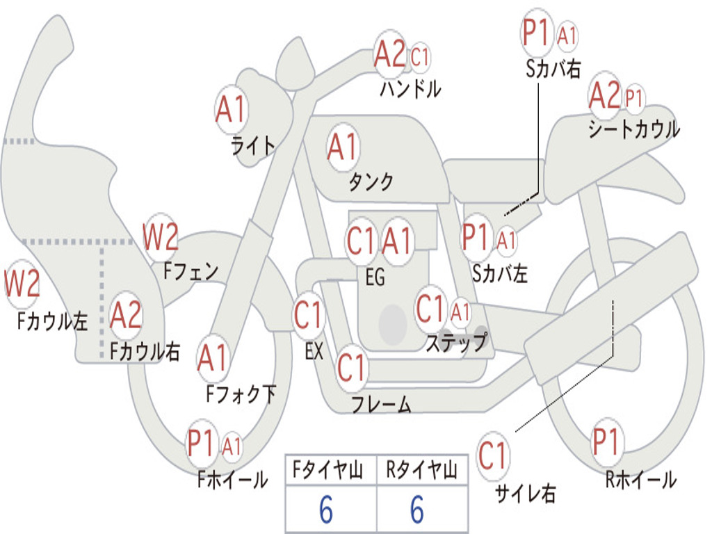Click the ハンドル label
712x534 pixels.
410,88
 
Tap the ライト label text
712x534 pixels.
253,145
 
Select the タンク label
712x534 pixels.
371,181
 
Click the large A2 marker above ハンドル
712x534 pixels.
389,53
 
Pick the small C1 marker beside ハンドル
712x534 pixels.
419,57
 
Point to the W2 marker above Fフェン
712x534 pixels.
160,236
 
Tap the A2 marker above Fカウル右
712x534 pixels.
126,315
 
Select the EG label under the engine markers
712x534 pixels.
375,277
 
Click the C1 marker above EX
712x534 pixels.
308,315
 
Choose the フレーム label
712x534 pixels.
381,404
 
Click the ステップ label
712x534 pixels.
456,342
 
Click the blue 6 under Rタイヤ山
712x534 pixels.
417,510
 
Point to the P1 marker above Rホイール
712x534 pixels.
606,442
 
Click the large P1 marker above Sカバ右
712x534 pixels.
536,33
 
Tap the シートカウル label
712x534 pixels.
634,129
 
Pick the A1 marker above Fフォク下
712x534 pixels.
212,357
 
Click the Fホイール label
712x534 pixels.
232,480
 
